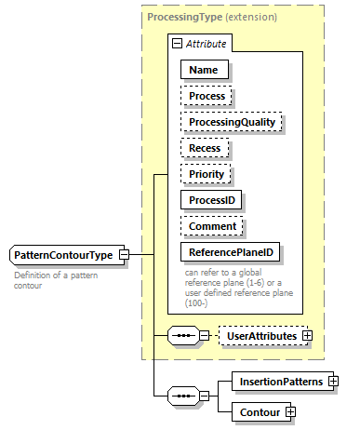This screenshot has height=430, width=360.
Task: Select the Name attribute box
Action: (x=204, y=69)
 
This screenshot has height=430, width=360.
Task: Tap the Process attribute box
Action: (x=207, y=96)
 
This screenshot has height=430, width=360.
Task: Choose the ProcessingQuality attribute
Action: (x=231, y=122)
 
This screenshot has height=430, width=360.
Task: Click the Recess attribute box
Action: (x=206, y=147)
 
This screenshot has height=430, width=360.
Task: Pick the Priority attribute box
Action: (x=207, y=173)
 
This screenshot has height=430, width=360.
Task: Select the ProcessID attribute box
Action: (x=213, y=199)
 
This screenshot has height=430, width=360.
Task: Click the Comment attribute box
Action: (x=212, y=225)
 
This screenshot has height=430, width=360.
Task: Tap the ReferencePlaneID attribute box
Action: (x=231, y=251)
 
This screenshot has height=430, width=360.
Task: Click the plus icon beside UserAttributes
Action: (x=307, y=334)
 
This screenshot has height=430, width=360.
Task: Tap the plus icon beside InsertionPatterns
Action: (x=332, y=382)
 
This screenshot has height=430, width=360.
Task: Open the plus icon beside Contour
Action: (x=290, y=410)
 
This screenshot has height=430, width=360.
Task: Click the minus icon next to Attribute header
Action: (x=176, y=43)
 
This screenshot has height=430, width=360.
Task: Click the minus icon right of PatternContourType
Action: (x=136, y=255)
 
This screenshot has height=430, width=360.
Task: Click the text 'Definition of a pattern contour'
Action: (x=56, y=280)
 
